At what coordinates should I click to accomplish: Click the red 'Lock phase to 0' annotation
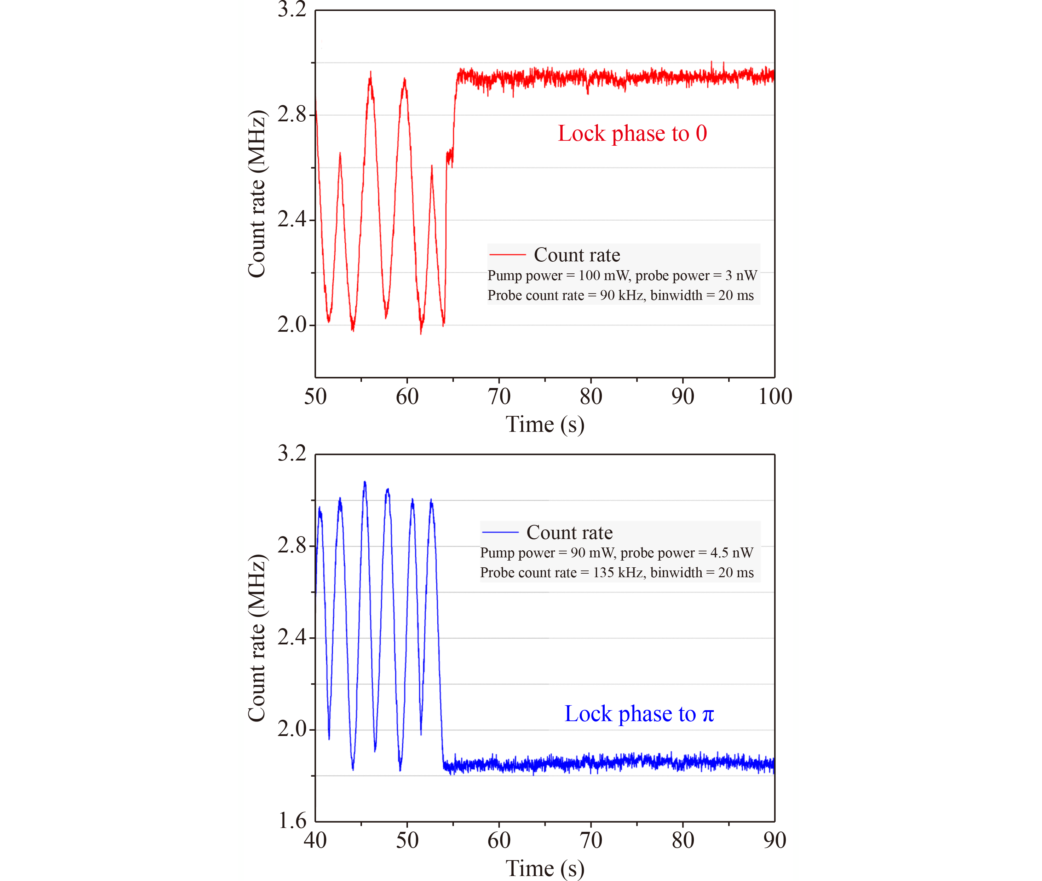[x=632, y=133]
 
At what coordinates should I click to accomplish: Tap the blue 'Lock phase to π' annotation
[x=639, y=714]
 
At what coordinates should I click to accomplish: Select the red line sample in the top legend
[x=507, y=255]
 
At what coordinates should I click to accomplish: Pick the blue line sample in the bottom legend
[x=500, y=532]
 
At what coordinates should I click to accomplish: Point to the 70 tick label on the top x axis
[x=499, y=396]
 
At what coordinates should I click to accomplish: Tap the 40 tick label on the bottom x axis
[x=315, y=840]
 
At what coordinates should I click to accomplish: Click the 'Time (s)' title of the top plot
[x=545, y=424]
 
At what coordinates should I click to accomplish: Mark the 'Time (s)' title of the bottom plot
[x=545, y=868]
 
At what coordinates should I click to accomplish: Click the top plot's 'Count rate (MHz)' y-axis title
[x=257, y=194]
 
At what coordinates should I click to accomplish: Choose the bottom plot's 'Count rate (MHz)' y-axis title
[x=257, y=638]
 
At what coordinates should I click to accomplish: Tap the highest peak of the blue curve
[x=365, y=482]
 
